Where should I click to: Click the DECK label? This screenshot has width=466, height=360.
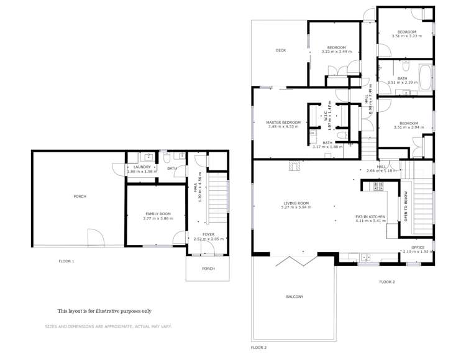pyautogui.click(x=281, y=50)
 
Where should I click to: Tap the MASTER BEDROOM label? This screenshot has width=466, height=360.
pyautogui.click(x=283, y=122)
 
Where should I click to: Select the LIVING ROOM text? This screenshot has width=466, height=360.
pyautogui.click(x=296, y=203)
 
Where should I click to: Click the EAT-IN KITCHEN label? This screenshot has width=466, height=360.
pyautogui.click(x=370, y=216)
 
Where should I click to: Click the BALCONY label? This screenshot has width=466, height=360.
pyautogui.click(x=295, y=297)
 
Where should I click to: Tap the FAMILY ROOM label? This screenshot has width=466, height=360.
pyautogui.click(x=157, y=214)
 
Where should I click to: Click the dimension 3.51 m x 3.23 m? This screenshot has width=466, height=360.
pyautogui.click(x=407, y=36)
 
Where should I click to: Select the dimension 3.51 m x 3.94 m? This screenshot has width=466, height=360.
pyautogui.click(x=408, y=127)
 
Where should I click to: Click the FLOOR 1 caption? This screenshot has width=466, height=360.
pyautogui.click(x=66, y=261)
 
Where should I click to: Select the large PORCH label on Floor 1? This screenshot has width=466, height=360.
pyautogui.click(x=80, y=196)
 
